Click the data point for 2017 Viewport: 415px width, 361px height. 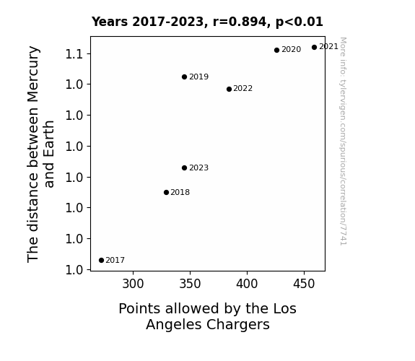[x=101, y=261]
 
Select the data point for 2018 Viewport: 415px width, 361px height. [x=166, y=193]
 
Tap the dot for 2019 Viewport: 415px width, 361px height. [x=185, y=77]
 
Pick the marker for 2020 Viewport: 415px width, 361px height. [x=277, y=50]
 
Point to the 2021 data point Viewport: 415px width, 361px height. [x=314, y=48]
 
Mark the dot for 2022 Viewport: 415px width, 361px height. [x=230, y=90]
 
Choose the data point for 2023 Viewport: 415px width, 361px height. [x=185, y=168]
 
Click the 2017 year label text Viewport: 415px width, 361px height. [x=115, y=261]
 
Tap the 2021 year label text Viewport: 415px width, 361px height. [x=328, y=47]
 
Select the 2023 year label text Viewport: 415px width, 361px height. [x=199, y=168]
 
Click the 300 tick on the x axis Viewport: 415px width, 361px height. [x=133, y=284]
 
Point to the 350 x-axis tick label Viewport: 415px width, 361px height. [x=190, y=284]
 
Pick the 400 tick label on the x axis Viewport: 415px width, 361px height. [x=247, y=284]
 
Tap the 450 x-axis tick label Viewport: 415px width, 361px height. [x=304, y=284]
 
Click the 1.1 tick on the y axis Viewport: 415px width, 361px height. [x=74, y=54]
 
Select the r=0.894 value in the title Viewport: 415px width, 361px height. [x=240, y=22]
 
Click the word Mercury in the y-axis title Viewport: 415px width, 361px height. [x=34, y=74]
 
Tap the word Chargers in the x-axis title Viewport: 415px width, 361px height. [x=238, y=325]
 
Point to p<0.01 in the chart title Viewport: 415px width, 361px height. [x=300, y=22]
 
